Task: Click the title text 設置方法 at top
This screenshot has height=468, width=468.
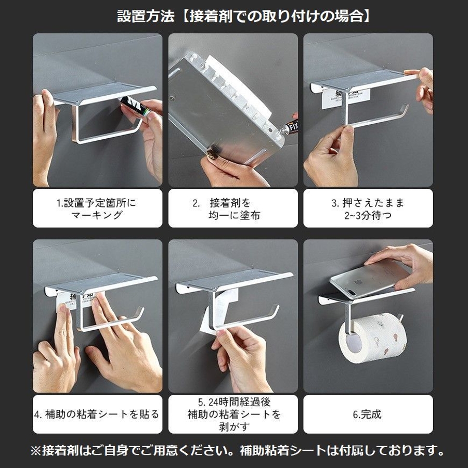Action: [146, 16]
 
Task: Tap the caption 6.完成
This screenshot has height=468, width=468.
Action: [367, 414]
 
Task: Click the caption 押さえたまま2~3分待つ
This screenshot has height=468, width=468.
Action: [368, 209]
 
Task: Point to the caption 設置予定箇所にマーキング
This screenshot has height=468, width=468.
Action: [96, 209]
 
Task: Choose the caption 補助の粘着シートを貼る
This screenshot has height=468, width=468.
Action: [97, 414]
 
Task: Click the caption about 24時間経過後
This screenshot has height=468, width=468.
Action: [233, 414]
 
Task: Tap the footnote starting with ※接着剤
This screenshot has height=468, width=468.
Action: [238, 451]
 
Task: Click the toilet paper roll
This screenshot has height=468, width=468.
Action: [373, 337]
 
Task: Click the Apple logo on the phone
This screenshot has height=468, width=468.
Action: [357, 282]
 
